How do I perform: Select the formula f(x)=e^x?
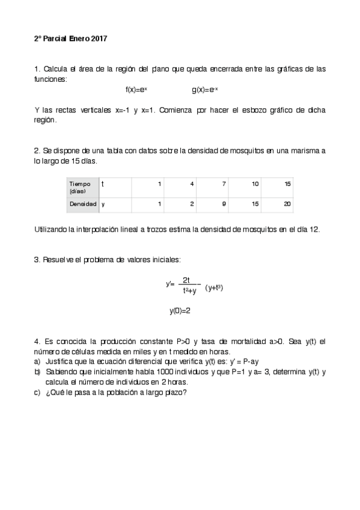pos(136,90)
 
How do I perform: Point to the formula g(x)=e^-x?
pos(205,90)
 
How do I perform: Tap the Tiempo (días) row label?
pos(80,187)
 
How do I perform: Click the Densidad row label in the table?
pos(83,204)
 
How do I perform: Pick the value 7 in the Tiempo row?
pos(224,183)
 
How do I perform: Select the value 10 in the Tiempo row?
pos(255,183)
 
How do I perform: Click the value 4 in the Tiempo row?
pos(192,183)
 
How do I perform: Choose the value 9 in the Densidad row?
pos(224,204)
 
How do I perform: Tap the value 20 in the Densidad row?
pos(287,204)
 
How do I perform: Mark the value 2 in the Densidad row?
pos(192,204)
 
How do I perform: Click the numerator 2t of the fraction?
pos(186,280)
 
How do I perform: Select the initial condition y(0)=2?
pos(180,311)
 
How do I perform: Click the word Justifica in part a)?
pos(59,362)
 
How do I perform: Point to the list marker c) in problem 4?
pos(37,393)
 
